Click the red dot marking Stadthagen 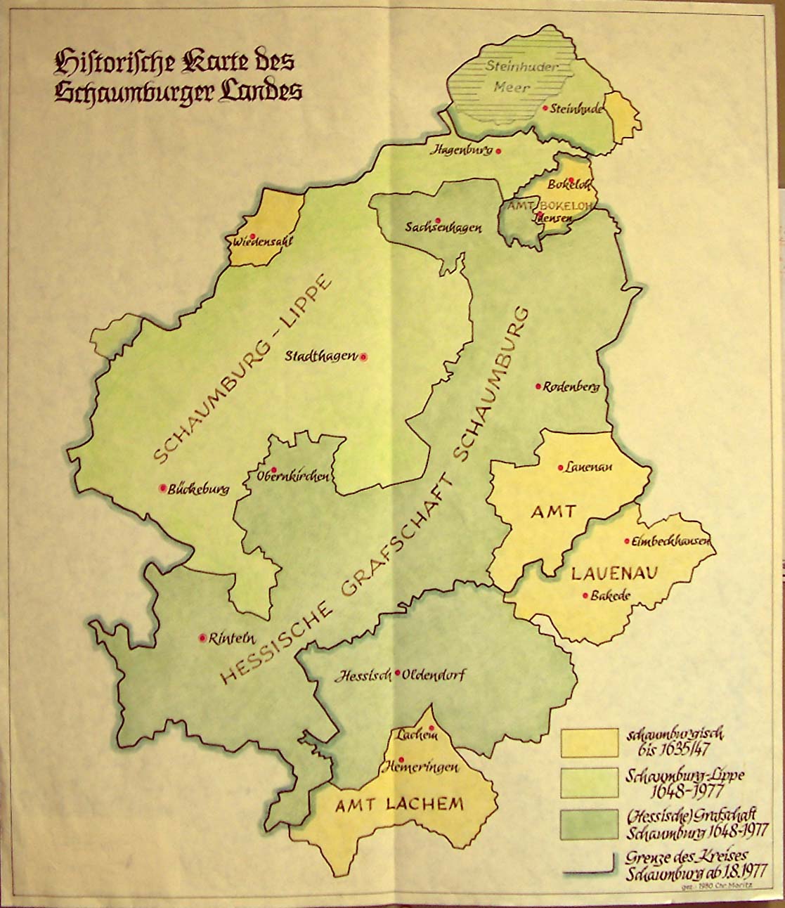pos(363,356)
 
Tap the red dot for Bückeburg pos(163,488)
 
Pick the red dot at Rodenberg pos(538,386)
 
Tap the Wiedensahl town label pos(261,242)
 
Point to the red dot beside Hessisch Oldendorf pos(398,673)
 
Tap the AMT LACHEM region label pos(399,805)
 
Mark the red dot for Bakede pos(585,596)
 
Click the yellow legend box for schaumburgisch pos(589,742)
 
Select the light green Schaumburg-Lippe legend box pos(589,782)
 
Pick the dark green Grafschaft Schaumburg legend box pos(589,822)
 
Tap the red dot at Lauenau pos(560,467)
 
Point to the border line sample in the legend pos(589,872)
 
